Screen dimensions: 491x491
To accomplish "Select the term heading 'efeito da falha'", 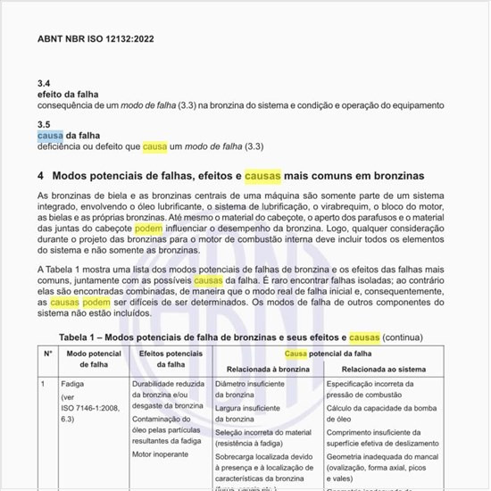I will tap(67, 94).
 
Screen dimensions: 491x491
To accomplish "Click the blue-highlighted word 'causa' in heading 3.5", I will tap(50, 136).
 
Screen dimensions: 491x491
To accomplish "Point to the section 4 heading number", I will tap(41, 175).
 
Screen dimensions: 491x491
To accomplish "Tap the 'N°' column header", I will tap(48, 354).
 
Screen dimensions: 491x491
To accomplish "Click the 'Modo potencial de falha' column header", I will tap(93, 360).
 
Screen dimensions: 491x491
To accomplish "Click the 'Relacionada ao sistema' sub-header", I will tap(373, 367).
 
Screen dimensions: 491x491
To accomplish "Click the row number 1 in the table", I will tap(43, 383).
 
